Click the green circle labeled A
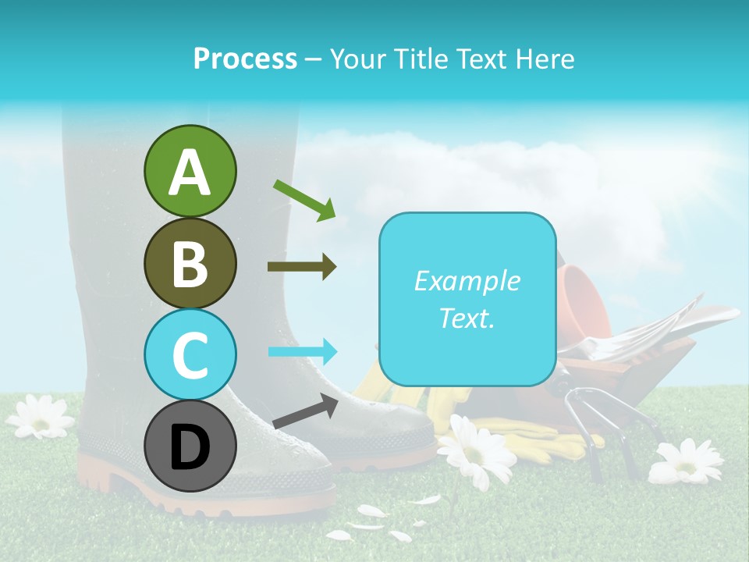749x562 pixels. click(x=190, y=171)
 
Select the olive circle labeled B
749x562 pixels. click(x=190, y=263)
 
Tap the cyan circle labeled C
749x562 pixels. click(x=190, y=355)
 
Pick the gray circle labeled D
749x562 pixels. click(x=190, y=447)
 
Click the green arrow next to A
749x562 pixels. click(x=304, y=200)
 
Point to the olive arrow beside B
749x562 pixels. click(x=302, y=267)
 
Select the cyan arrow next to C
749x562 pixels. click(x=302, y=352)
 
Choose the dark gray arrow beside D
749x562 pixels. click(x=305, y=411)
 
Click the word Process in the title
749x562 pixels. click(x=245, y=59)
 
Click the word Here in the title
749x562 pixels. click(x=545, y=59)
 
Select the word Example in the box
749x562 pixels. click(x=467, y=281)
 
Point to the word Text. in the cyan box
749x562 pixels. click(x=467, y=318)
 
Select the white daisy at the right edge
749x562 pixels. click(x=686, y=461)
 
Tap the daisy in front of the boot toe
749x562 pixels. click(x=477, y=453)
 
